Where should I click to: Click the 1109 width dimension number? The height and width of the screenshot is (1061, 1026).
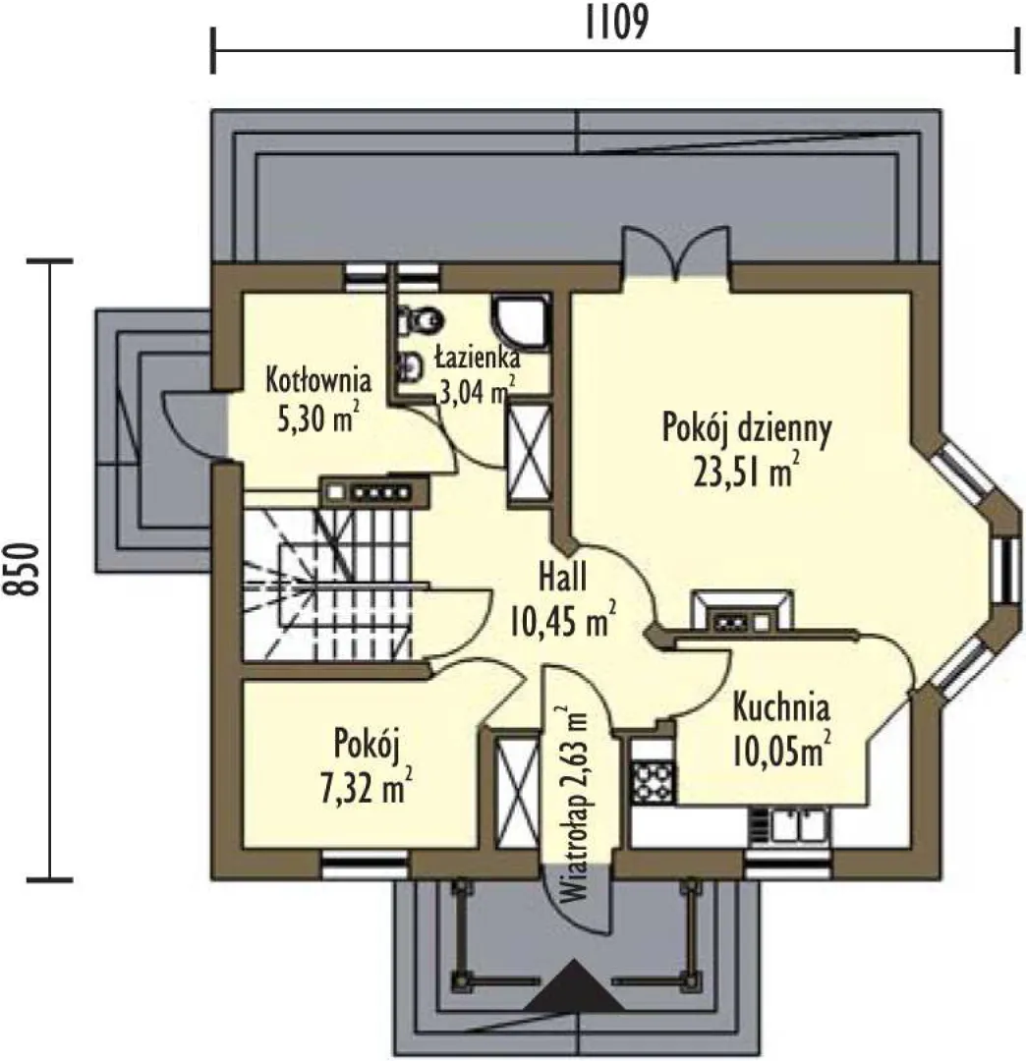coord(616,23)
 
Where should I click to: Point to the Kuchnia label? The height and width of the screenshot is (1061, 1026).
coord(781,707)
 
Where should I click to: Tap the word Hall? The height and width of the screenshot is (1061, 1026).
coord(562,578)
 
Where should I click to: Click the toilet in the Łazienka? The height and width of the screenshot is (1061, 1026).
coord(421,319)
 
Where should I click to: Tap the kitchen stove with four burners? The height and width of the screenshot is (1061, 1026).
coord(654,782)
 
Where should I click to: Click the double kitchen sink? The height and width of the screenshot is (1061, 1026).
coord(789,826)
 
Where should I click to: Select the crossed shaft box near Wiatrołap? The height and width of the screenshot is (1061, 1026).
coord(518,791)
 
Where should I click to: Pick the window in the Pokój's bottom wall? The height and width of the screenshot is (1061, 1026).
coord(364,865)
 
